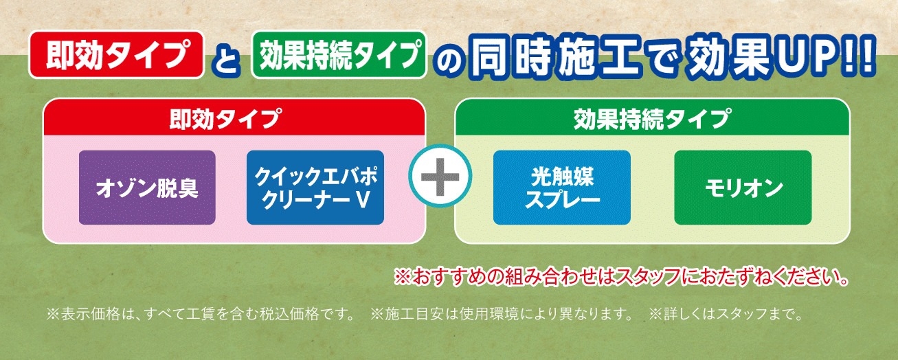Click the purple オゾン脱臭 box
(x=147, y=188)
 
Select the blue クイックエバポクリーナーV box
(x=315, y=188)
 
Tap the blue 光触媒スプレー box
(x=561, y=188)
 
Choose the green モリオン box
(x=743, y=188)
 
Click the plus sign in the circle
(x=440, y=177)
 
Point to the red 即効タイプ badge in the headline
(x=116, y=54)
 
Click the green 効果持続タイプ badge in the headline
(x=339, y=54)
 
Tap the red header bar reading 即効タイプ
(x=234, y=117)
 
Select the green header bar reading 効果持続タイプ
(x=652, y=117)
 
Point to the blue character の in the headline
(x=451, y=60)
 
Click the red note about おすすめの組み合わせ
(x=621, y=277)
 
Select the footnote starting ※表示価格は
(x=201, y=314)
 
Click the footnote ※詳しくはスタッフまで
(x=726, y=314)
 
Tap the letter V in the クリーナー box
(x=362, y=199)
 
